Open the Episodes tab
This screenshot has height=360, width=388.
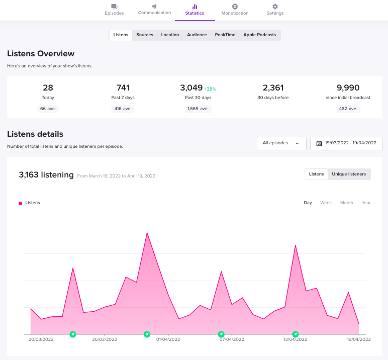point(114,10)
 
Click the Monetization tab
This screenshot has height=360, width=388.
point(235,10)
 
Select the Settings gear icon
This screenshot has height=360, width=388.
point(275,7)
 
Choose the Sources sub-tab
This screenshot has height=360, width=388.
point(145,35)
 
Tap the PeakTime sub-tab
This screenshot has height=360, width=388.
point(225,35)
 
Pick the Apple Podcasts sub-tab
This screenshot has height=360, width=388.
point(259,35)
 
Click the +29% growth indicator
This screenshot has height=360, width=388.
point(210,89)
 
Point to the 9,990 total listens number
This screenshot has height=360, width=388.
point(348,87)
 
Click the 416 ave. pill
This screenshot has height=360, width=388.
point(123,109)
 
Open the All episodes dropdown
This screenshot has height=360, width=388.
point(281,143)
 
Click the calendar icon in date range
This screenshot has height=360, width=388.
point(319,143)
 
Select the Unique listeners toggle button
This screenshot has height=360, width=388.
point(349,174)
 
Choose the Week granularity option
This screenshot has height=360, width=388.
point(326,203)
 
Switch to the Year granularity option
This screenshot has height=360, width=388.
point(366,203)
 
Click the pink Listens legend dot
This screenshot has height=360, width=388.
point(20,203)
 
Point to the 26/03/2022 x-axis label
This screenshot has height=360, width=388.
point(105,339)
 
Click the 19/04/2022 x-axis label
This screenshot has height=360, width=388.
point(359,339)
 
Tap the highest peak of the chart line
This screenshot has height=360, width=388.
point(147,232)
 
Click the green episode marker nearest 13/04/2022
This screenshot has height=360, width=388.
point(295,334)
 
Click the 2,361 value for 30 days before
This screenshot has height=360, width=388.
point(273,87)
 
